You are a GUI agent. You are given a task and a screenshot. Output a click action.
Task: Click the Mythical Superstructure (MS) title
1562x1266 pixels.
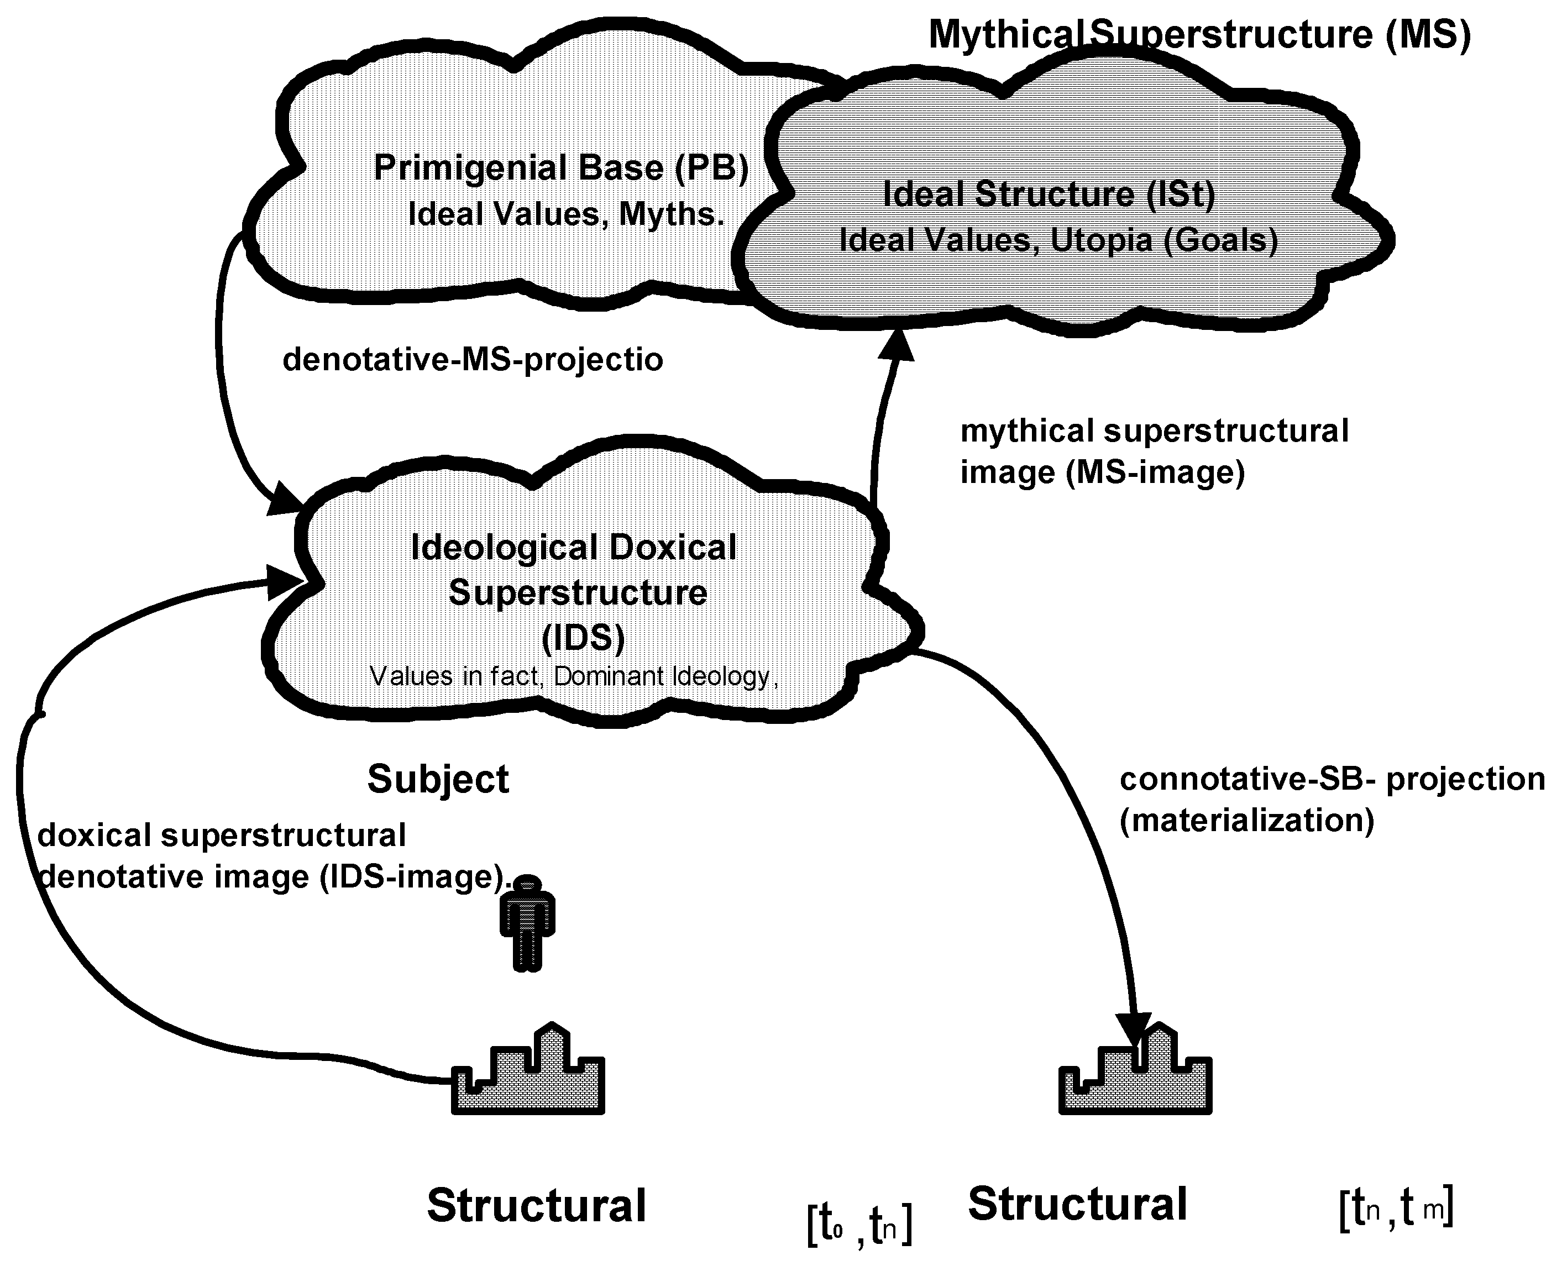[1199, 34]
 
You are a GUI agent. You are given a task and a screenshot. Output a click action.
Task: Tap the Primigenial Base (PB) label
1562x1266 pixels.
[561, 168]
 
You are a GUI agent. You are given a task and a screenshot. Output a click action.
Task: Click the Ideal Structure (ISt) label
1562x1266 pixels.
[1049, 194]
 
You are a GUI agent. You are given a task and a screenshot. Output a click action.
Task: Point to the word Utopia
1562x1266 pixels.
[1101, 241]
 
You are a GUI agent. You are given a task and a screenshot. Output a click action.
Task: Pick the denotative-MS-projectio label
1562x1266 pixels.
[473, 360]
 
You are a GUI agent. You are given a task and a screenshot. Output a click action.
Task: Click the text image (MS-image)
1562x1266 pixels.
[1102, 472]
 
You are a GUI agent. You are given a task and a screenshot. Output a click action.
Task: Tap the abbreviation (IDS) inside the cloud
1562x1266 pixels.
[583, 637]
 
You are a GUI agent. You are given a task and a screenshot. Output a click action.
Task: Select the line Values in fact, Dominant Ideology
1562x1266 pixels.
[574, 677]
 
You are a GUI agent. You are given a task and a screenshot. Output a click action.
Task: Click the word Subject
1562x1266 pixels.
[438, 779]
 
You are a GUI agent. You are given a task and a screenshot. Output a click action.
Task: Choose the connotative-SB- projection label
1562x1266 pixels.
[1332, 779]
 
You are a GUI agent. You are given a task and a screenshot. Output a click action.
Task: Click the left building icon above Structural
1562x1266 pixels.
[528, 1076]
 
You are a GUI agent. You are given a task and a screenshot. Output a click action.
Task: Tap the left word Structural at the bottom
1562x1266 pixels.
[536, 1205]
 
